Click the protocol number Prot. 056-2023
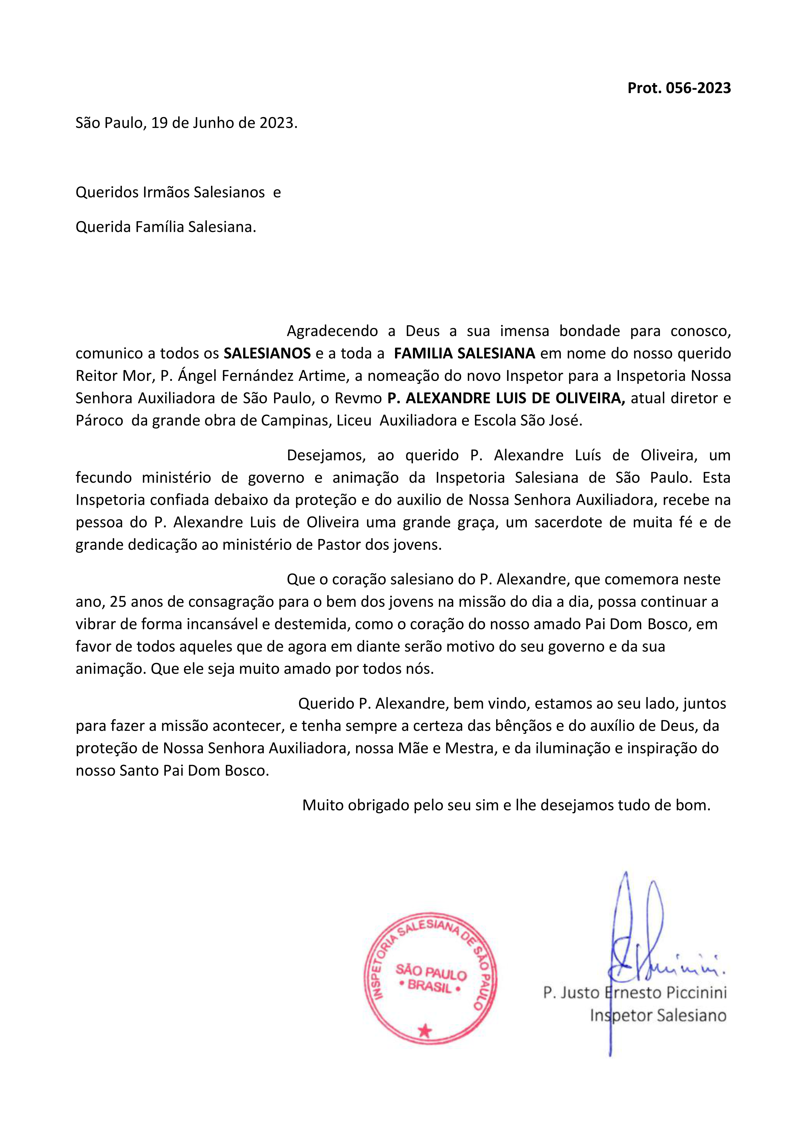pyautogui.click(x=679, y=88)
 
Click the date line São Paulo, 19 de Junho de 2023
pyautogui.click(x=186, y=123)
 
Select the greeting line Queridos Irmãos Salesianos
pyautogui.click(x=170, y=192)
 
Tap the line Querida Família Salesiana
pyautogui.click(x=165, y=227)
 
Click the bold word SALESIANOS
pyautogui.click(x=267, y=353)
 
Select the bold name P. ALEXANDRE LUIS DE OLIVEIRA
pyautogui.click(x=506, y=398)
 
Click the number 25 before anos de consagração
pyautogui.click(x=118, y=602)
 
